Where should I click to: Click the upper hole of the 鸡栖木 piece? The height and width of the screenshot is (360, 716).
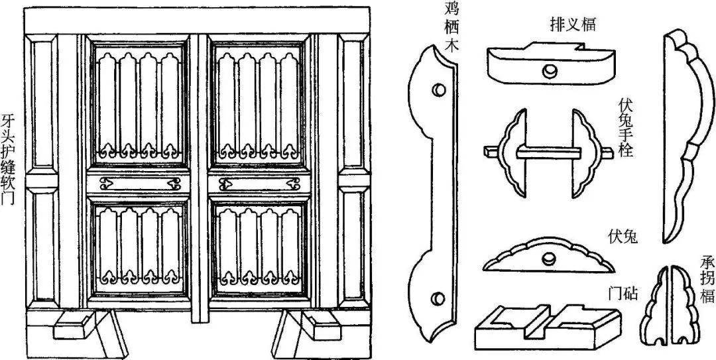coord(438,88)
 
